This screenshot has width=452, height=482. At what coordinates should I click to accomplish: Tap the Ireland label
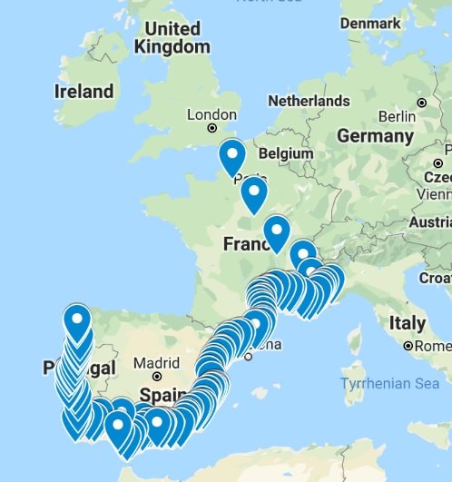[x=84, y=91]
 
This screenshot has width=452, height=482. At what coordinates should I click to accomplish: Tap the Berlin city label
[x=397, y=116]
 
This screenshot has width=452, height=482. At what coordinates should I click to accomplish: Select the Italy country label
[x=407, y=323]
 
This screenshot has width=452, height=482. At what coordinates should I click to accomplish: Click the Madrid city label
[x=150, y=364]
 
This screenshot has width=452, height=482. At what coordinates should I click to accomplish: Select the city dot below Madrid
[x=157, y=376]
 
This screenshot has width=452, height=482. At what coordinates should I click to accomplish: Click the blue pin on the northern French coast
[x=232, y=156]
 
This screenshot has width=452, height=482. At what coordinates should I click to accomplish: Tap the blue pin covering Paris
[x=253, y=193]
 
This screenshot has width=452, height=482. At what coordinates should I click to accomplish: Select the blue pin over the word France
[x=276, y=233]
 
